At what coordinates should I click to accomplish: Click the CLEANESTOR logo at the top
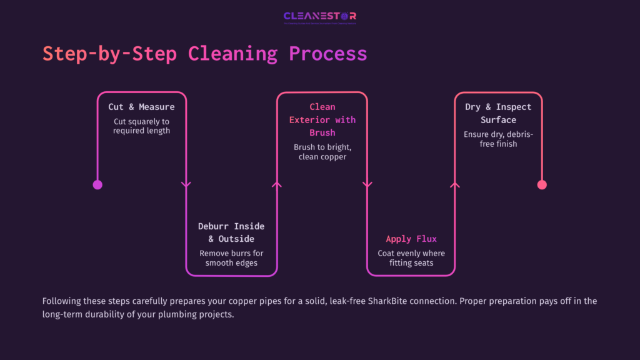(319, 17)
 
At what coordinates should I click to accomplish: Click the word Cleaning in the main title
(232, 54)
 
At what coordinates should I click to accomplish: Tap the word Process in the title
(327, 54)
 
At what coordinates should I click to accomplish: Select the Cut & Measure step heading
(141, 107)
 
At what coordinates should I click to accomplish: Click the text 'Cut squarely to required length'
(141, 126)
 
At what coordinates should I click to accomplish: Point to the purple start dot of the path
(97, 184)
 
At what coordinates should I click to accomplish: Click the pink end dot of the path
(542, 184)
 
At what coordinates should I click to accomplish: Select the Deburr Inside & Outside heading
(231, 232)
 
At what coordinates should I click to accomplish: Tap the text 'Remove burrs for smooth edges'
(231, 258)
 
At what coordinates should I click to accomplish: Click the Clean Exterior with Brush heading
(322, 120)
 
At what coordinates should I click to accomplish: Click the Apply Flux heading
(411, 239)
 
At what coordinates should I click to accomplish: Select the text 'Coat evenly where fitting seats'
(411, 258)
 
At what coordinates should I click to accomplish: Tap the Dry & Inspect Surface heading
(498, 113)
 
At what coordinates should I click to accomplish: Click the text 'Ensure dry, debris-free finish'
(498, 139)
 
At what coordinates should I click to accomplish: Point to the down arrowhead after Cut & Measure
(186, 184)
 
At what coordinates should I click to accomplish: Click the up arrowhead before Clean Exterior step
(277, 184)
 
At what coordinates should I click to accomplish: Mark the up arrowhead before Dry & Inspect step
(455, 184)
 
